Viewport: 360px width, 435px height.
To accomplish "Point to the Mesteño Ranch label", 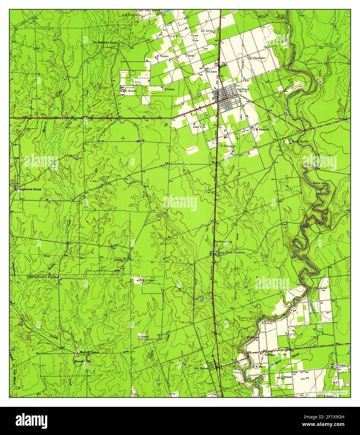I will [89, 352].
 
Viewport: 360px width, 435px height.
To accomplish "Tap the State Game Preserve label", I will [231, 252].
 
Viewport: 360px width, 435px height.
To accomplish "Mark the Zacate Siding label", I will [223, 242].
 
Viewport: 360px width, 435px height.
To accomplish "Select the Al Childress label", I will [257, 58].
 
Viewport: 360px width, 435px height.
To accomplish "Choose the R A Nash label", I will [149, 281].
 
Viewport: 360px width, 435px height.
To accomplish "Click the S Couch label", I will [143, 337].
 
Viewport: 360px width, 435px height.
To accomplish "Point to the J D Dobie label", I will [168, 89].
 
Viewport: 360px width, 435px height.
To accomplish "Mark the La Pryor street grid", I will [227, 100].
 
